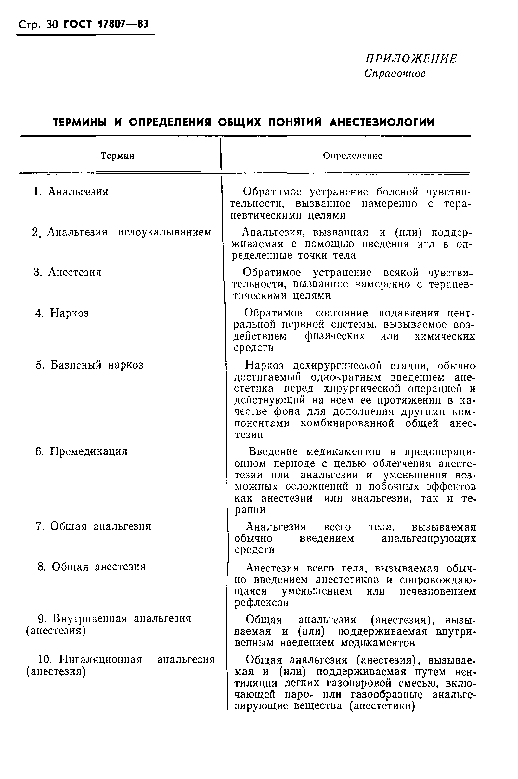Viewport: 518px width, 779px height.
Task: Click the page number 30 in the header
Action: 52,25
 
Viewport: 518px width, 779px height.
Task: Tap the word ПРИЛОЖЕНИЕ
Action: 411,59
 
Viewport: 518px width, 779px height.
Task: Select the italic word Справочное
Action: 395,74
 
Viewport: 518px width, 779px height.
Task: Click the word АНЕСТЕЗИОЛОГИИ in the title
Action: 382,122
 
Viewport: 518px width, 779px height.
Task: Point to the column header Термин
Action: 117,156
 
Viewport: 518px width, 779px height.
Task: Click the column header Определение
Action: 353,156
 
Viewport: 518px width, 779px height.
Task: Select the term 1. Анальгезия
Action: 71,192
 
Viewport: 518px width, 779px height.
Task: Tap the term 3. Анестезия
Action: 68,272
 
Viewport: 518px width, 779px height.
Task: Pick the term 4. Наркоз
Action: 62,313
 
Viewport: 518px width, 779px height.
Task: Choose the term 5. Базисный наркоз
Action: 89,365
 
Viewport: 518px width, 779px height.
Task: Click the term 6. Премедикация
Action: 81,451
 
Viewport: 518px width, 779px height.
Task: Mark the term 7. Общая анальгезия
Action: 94,526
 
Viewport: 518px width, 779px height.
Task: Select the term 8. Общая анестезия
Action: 92,567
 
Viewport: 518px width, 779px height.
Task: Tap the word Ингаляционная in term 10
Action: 101,660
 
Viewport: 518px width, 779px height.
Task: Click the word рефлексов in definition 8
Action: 261,603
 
